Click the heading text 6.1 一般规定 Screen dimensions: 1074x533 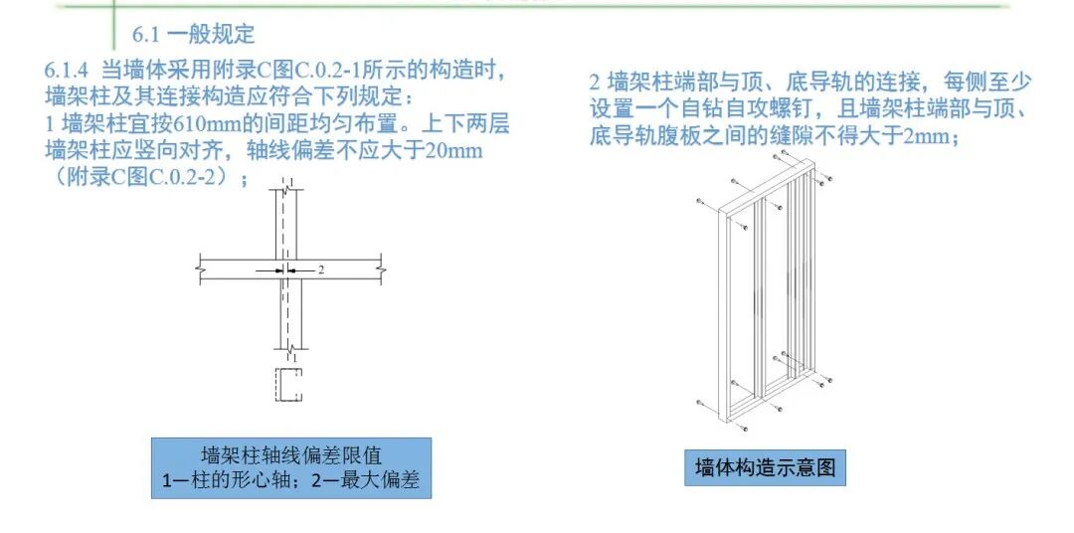coord(194,35)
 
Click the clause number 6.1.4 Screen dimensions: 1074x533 coord(68,72)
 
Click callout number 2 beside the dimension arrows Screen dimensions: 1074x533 coord(320,269)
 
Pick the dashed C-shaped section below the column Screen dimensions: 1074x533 coord(288,384)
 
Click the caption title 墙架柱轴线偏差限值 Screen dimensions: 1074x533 coord(290,457)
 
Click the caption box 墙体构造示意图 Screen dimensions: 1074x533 coord(765,467)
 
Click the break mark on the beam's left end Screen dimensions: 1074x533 coord(201,268)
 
